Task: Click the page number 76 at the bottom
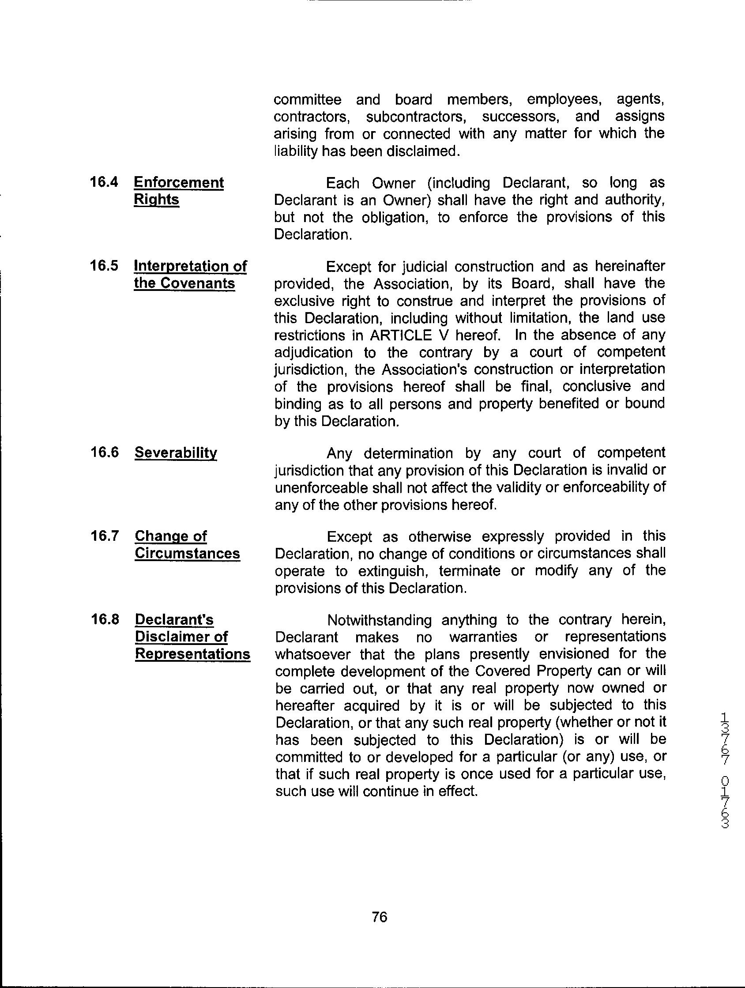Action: pyautogui.click(x=379, y=917)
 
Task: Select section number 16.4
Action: pyautogui.click(x=104, y=182)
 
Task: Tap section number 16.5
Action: pyautogui.click(x=104, y=266)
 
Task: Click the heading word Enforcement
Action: pyautogui.click(x=179, y=182)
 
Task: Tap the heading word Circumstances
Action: pyautogui.click(x=187, y=553)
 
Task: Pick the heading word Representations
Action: pyautogui.click(x=192, y=654)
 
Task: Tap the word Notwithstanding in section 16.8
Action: pyautogui.click(x=379, y=620)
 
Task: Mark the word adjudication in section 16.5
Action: pyautogui.click(x=312, y=352)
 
